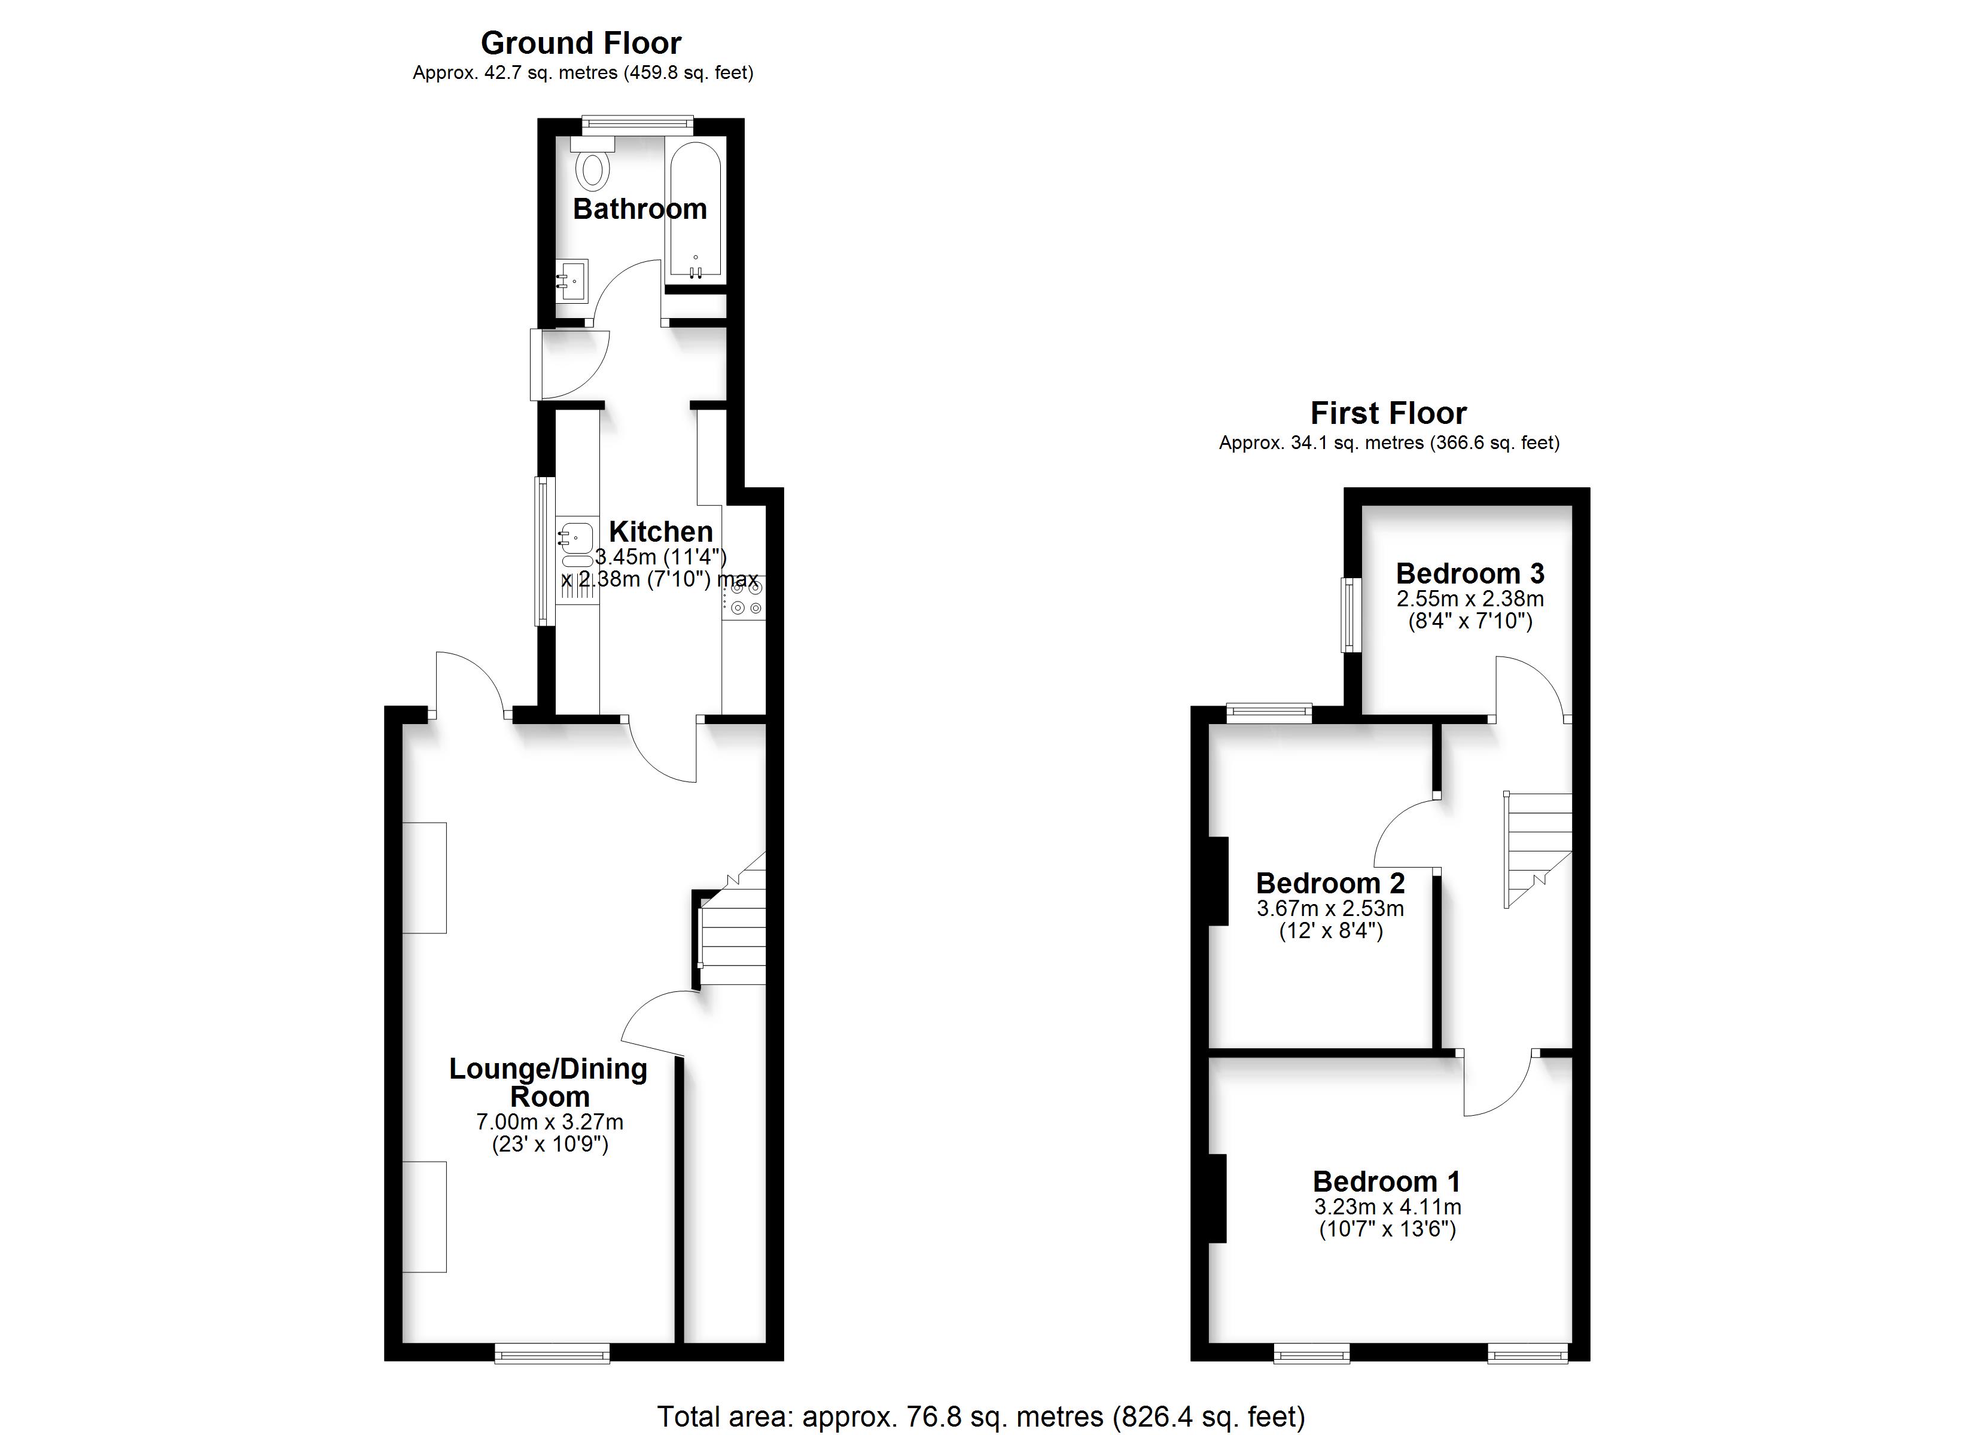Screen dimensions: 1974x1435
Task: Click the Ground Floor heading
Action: tap(581, 42)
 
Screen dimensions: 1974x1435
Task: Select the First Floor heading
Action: tap(1388, 413)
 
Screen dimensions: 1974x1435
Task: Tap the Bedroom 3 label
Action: tap(1470, 573)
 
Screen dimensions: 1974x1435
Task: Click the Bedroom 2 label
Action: tap(1330, 883)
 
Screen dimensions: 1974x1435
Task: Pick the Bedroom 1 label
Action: tap(1387, 1181)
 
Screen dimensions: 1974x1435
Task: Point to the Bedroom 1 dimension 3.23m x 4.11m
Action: tap(1387, 1208)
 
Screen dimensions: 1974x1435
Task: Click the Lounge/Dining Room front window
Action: tap(552, 1352)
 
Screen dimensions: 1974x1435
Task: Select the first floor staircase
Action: tap(1538, 849)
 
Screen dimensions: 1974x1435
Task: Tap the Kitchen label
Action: tap(660, 531)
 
